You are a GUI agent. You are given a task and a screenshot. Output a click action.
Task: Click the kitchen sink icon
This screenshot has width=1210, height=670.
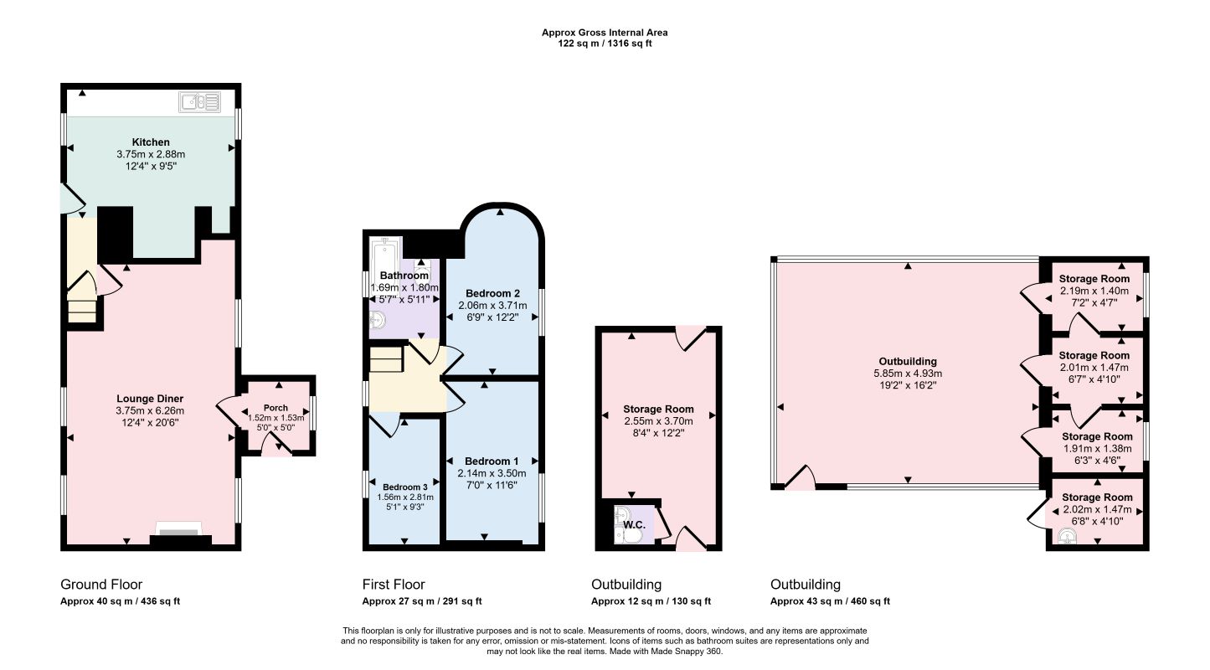coord(199,101)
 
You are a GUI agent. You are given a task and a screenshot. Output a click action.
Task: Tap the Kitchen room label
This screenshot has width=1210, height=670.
coord(151,142)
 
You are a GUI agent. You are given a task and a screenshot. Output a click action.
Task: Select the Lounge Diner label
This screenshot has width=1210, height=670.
coord(150,399)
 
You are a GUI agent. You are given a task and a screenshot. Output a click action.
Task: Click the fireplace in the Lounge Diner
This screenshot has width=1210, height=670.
coord(180,535)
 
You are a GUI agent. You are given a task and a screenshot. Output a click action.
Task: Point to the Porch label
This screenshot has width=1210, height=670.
coord(275,408)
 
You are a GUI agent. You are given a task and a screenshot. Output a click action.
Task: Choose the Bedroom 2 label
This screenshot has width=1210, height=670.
coord(492,293)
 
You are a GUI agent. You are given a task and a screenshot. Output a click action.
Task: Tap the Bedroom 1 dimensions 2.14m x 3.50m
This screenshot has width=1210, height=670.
coord(492,473)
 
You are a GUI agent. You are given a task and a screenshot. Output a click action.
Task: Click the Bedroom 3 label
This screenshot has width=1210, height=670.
coord(405,487)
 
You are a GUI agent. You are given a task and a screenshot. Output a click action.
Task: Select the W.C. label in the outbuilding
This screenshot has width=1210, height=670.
coord(634,524)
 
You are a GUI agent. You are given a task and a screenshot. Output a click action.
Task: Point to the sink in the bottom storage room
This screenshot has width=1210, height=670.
coord(1067,537)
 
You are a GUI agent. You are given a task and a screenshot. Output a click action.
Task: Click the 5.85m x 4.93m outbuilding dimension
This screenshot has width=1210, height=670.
coord(908,374)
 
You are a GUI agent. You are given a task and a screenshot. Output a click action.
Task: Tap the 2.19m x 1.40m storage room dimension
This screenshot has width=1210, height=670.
coord(1094,291)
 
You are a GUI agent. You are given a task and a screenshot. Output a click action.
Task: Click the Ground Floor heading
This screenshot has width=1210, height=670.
coord(101,585)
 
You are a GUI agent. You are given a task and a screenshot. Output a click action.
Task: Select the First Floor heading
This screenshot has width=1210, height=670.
coord(394,585)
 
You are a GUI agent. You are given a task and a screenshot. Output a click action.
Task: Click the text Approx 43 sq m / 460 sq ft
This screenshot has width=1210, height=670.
coord(830,601)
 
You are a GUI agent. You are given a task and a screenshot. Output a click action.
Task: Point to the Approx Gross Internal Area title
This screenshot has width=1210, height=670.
coord(605,33)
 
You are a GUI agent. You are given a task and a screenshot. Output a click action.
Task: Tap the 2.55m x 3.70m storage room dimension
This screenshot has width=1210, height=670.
coord(658,421)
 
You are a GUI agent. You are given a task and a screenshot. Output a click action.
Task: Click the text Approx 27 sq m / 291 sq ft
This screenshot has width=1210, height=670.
coord(422,601)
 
